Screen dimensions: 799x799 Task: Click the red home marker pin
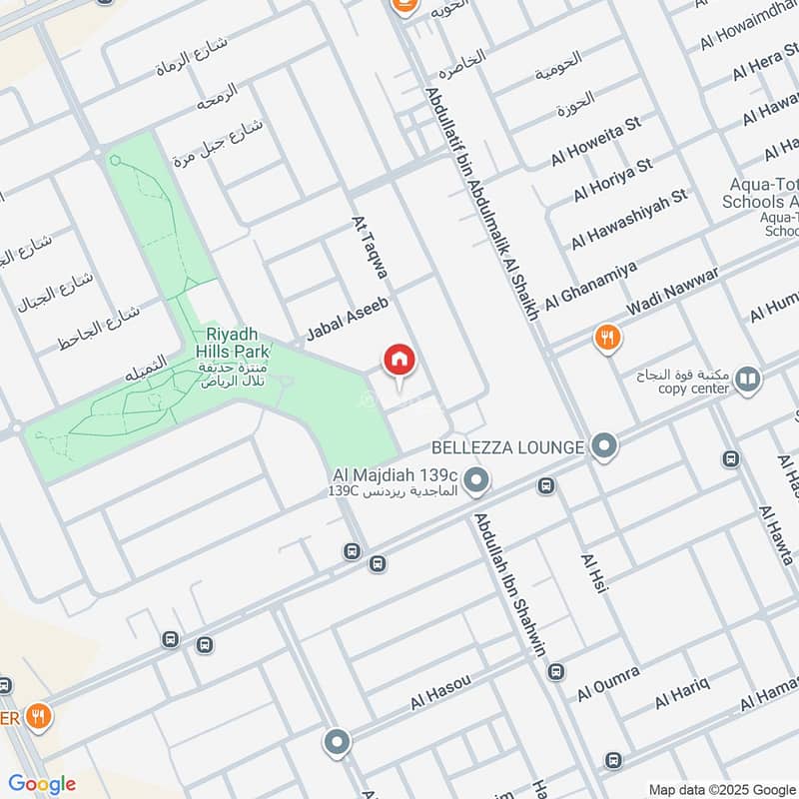click(399, 361)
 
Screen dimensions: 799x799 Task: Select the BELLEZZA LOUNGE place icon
click(603, 447)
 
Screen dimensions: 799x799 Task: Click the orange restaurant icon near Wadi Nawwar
click(606, 338)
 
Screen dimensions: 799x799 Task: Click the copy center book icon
click(747, 380)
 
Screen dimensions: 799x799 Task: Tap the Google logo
click(42, 784)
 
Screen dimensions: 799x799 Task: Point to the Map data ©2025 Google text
click(722, 788)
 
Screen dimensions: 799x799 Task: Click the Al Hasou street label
click(439, 693)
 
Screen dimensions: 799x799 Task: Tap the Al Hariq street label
click(682, 691)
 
